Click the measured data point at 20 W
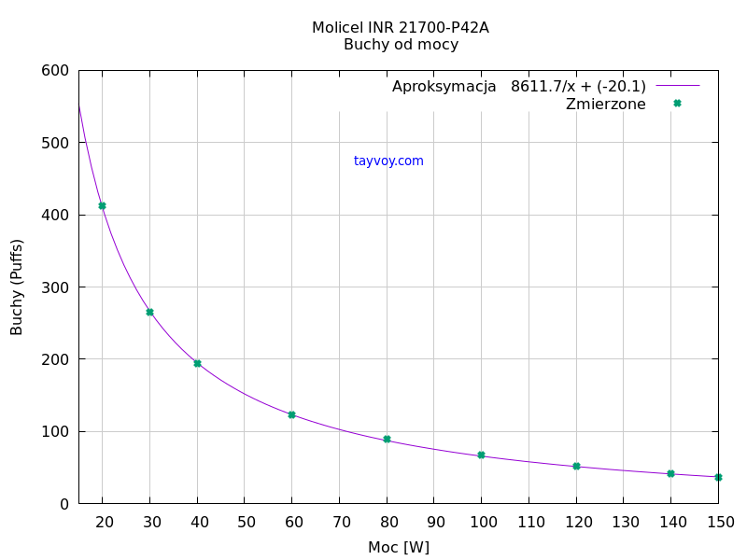pyautogui.click(x=102, y=205)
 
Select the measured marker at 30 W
pyautogui.click(x=149, y=312)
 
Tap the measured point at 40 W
pyautogui.click(x=197, y=363)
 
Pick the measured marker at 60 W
pyautogui.click(x=291, y=414)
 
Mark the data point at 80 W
pyautogui.click(x=387, y=440)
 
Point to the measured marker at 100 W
pyautogui.click(x=481, y=455)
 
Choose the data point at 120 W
pyautogui.click(x=576, y=466)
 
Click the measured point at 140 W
pyautogui.click(x=670, y=473)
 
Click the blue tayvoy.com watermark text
pyautogui.click(x=388, y=161)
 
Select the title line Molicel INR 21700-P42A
pyautogui.click(x=401, y=28)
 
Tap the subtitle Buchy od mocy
pyautogui.click(x=401, y=45)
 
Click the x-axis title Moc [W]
pyautogui.click(x=399, y=547)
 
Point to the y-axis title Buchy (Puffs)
pyautogui.click(x=17, y=287)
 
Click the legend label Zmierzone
pyautogui.click(x=605, y=105)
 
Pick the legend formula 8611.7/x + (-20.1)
pyautogui.click(x=578, y=87)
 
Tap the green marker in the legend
pyautogui.click(x=677, y=104)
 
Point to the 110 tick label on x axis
pyautogui.click(x=529, y=522)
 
